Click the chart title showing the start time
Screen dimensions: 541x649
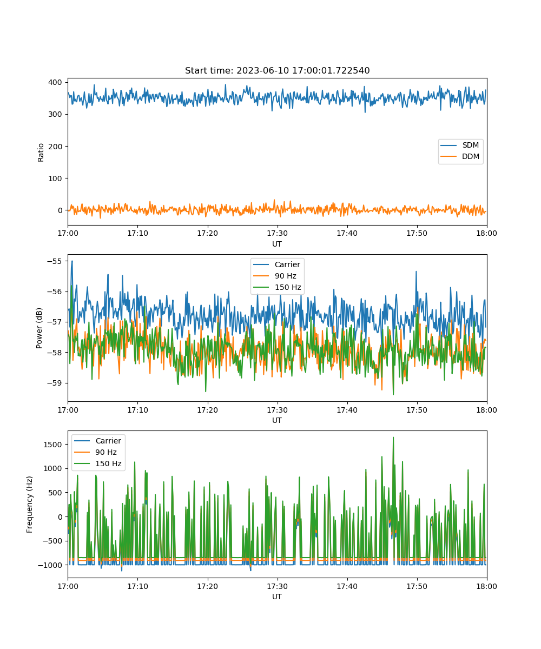pyautogui.click(x=277, y=70)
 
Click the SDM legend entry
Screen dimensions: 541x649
pyautogui.click(x=459, y=145)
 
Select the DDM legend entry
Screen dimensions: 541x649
pyautogui.click(x=459, y=156)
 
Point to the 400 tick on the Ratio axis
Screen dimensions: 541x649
pyautogui.click(x=55, y=82)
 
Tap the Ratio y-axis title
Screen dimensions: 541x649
pyautogui.click(x=41, y=153)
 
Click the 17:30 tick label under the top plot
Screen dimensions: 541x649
pyautogui.click(x=277, y=233)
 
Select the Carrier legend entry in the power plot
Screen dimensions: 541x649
pyautogui.click(x=276, y=264)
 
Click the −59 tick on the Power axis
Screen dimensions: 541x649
pyautogui.click(x=55, y=383)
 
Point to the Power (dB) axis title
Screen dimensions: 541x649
pyautogui.click(x=39, y=328)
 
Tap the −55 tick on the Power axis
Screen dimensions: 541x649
pyautogui.click(x=55, y=261)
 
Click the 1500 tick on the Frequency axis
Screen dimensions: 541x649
pyautogui.click(x=53, y=445)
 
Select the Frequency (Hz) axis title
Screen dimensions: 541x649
pyautogui.click(x=29, y=505)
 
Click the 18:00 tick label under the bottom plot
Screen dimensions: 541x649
pyautogui.click(x=486, y=586)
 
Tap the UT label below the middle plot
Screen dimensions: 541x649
pyautogui.click(x=276, y=420)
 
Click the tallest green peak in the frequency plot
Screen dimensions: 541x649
pyautogui.click(x=393, y=438)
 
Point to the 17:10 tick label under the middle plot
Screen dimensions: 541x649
pyautogui.click(x=137, y=410)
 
